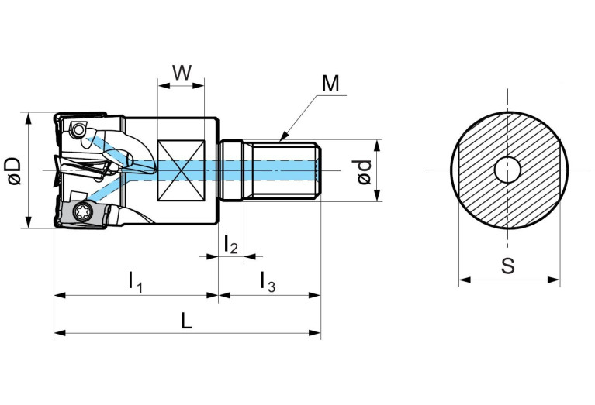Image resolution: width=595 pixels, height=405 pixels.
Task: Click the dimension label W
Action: pos(181,72)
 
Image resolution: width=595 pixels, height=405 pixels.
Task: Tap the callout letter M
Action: pos(331,83)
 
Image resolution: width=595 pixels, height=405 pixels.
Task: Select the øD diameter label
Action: pos(12,170)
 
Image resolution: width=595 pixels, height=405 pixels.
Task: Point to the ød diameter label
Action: pos(365,171)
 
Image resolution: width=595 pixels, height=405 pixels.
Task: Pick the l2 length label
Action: pos(230,245)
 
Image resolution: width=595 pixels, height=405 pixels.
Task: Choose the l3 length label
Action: pos(267,281)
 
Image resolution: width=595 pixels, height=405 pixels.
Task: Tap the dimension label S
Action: pos(508,266)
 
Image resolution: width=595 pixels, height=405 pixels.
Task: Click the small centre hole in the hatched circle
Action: pos(507,170)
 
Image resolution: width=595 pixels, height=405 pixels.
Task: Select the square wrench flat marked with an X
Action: pos(181,170)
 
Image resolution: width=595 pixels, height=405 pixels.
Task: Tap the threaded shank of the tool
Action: pos(282,170)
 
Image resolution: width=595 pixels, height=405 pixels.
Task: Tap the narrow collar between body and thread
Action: pos(232,170)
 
